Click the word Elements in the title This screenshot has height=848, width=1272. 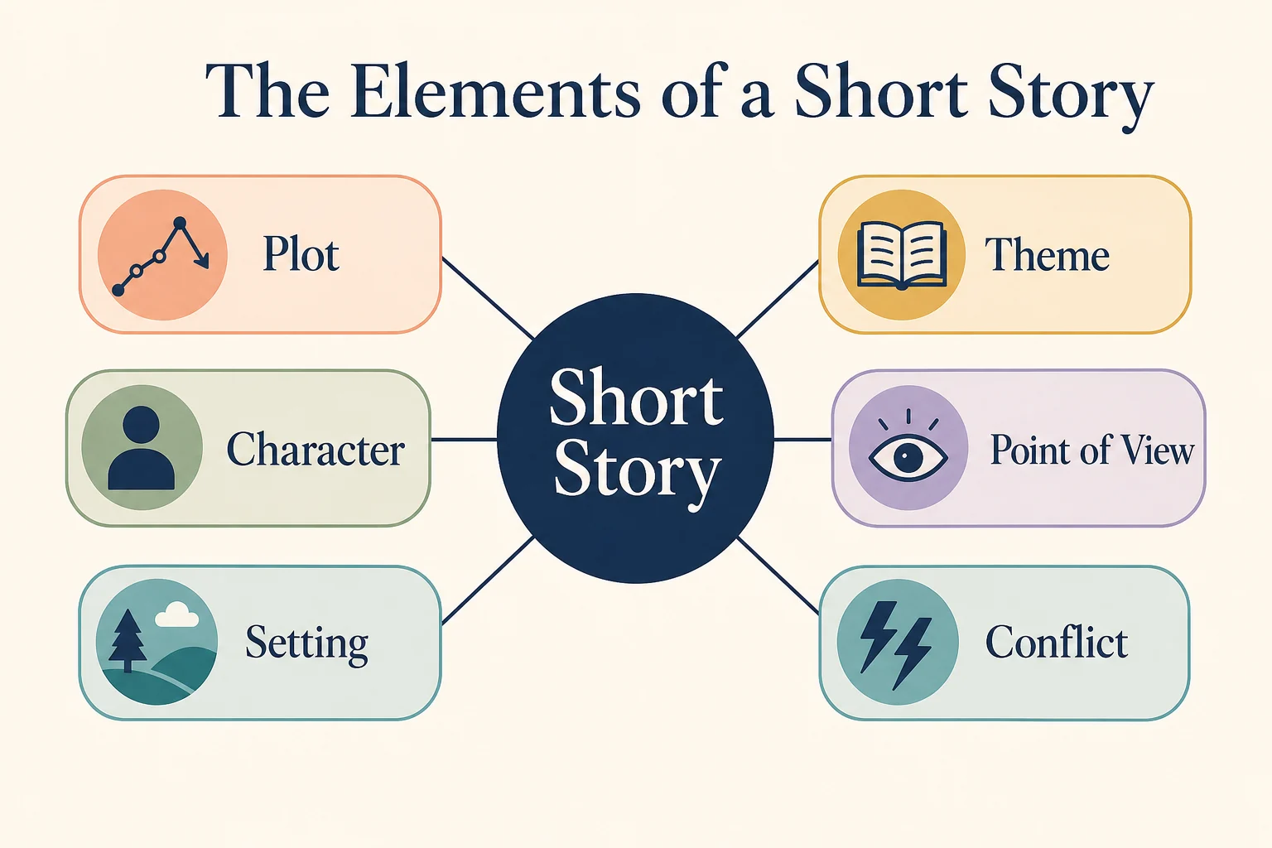pyautogui.click(x=495, y=91)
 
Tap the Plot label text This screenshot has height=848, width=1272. pyautogui.click(x=301, y=254)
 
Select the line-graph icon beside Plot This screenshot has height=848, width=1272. pyautogui.click(x=161, y=257)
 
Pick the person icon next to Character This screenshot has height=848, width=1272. pyautogui.click(x=142, y=447)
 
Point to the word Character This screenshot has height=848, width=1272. pyautogui.click(x=316, y=449)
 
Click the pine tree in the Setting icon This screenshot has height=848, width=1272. pyautogui.click(x=128, y=641)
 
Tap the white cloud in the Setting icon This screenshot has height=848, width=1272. pyautogui.click(x=176, y=614)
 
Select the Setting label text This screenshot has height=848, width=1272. pyautogui.click(x=306, y=643)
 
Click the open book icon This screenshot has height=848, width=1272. pyautogui.click(x=902, y=254)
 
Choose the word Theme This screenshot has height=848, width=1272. pyautogui.click(x=1047, y=254)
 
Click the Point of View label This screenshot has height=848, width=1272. pyautogui.click(x=1092, y=450)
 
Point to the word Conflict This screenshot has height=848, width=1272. pyautogui.click(x=1056, y=642)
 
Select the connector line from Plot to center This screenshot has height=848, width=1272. pyautogui.click(x=488, y=298)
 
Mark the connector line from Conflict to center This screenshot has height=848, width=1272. pyautogui.click(x=778, y=576)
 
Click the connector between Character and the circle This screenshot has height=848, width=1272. pyautogui.click(x=464, y=440)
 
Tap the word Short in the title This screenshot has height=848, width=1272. pyautogui.click(x=881, y=91)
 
